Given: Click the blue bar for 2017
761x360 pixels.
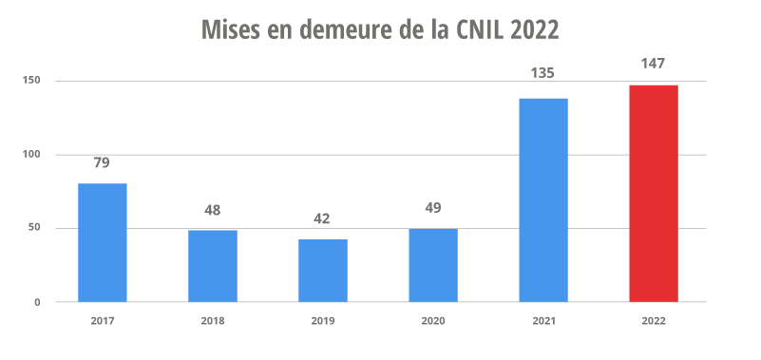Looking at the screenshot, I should click(x=102, y=242).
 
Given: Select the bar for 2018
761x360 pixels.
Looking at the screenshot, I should click(x=212, y=266).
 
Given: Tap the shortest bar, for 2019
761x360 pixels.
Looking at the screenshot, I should click(x=322, y=271).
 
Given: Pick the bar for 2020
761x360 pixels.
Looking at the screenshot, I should click(x=433, y=265).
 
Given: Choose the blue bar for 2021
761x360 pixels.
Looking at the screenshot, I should click(x=543, y=199).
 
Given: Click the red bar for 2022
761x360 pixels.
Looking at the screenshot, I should click(x=654, y=194).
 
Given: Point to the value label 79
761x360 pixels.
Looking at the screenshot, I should click(x=102, y=162).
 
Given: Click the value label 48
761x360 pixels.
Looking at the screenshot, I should click(x=212, y=209).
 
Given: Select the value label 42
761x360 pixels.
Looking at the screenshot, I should click(x=322, y=218).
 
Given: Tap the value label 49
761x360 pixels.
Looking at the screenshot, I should click(x=433, y=208).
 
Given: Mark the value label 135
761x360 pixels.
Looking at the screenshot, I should click(x=543, y=73).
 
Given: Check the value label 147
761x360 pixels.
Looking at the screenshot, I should click(x=654, y=64).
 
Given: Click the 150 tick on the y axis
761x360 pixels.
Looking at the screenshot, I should click(x=31, y=81).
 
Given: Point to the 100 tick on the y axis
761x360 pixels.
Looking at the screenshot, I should click(x=31, y=155).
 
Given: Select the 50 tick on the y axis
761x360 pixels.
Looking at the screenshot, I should click(x=34, y=228).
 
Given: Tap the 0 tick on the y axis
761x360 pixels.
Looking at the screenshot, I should click(x=38, y=302).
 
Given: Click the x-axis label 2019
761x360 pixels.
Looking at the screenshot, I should click(x=323, y=321).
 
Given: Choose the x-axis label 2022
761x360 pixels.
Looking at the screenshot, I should click(x=654, y=321).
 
